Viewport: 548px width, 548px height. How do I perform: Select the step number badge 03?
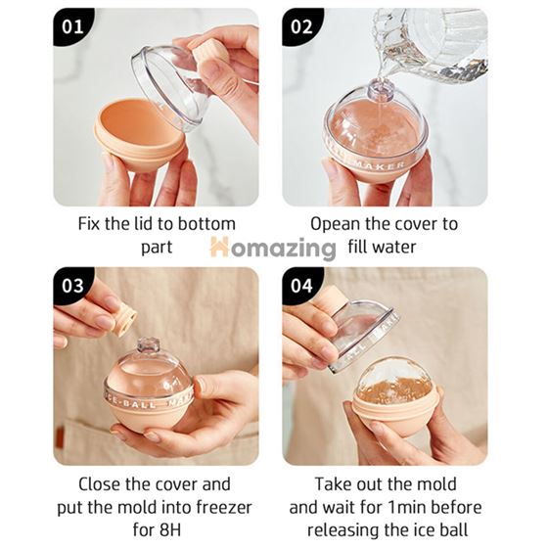pyautogui.click(x=73, y=286)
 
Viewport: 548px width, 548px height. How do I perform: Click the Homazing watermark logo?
pyautogui.click(x=273, y=248)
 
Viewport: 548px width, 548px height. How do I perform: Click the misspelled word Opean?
pyautogui.click(x=336, y=223)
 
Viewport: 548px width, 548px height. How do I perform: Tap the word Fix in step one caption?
pyautogui.click(x=90, y=223)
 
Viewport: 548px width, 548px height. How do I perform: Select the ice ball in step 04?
pyautogui.click(x=394, y=381)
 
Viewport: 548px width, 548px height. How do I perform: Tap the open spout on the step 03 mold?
pyautogui.click(x=149, y=347)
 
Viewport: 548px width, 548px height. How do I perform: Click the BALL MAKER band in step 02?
pyautogui.click(x=377, y=158)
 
